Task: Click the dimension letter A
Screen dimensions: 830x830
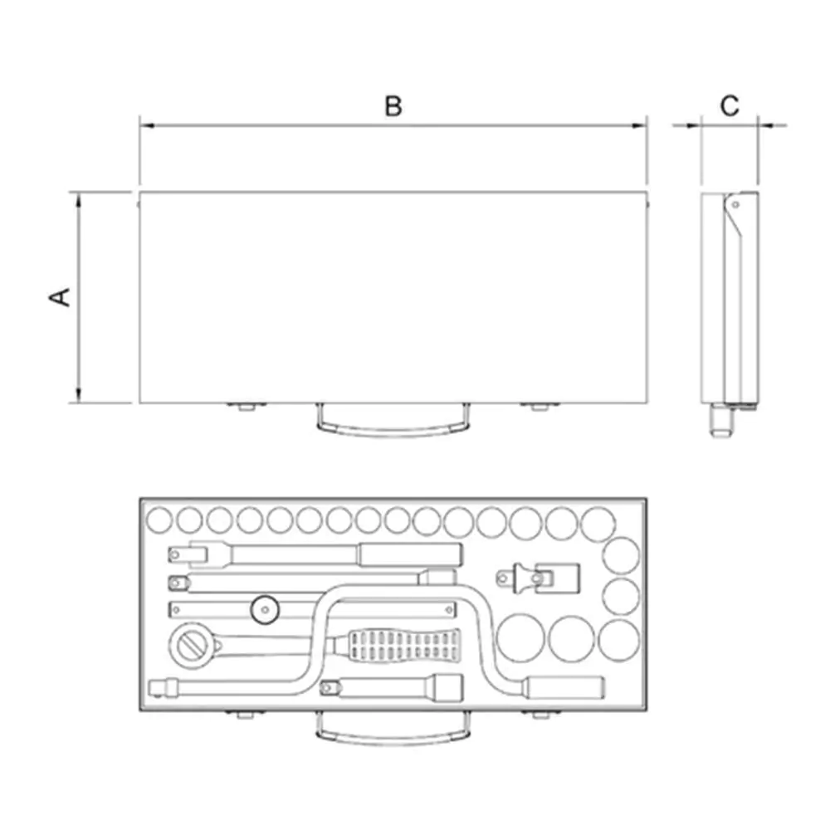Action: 60,297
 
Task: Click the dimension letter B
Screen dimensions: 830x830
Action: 393,106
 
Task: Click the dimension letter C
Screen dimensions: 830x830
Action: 730,106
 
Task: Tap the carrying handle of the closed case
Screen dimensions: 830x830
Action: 393,427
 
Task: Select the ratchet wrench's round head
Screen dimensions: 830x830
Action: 191,646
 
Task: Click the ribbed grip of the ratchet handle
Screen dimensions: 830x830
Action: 403,645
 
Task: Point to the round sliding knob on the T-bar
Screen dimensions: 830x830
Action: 265,610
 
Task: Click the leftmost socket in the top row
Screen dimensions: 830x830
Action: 159,520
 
